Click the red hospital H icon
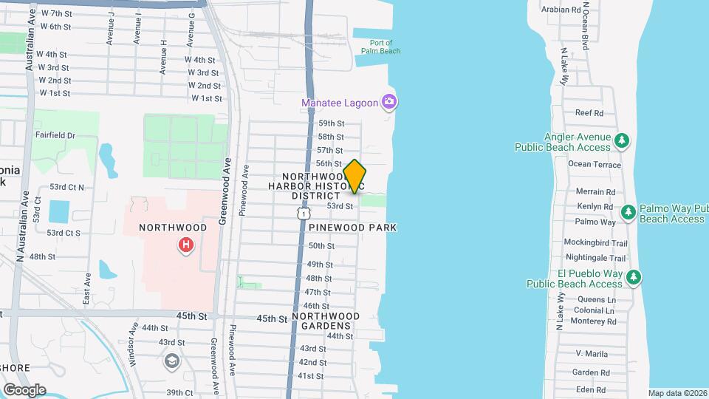pos(186,244)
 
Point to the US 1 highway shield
pos(302,213)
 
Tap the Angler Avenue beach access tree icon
pos(622,140)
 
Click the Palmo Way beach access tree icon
pos(628,214)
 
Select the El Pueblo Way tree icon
pos(633,278)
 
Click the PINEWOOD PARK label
pos(353,228)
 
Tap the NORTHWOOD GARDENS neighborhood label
pos(326,321)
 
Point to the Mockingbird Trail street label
pos(595,242)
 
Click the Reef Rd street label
pos(589,113)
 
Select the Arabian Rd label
pos(561,10)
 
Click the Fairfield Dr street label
pos(55,135)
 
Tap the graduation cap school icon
pos(172,361)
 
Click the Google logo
pos(24,389)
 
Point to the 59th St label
pos(331,123)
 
